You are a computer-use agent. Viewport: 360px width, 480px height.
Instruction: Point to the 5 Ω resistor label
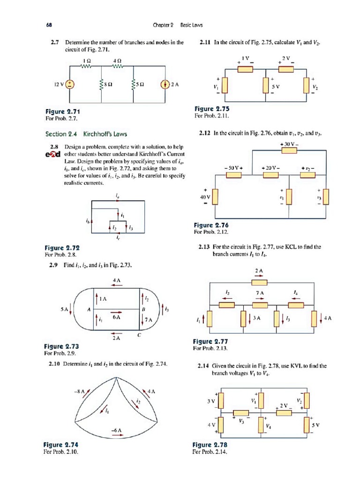click(141, 85)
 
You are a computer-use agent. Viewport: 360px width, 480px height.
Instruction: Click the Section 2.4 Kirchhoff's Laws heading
click(86, 134)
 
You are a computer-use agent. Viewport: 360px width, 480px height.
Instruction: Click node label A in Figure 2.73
click(88, 309)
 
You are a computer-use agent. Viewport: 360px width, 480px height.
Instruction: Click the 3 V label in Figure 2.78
click(211, 401)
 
